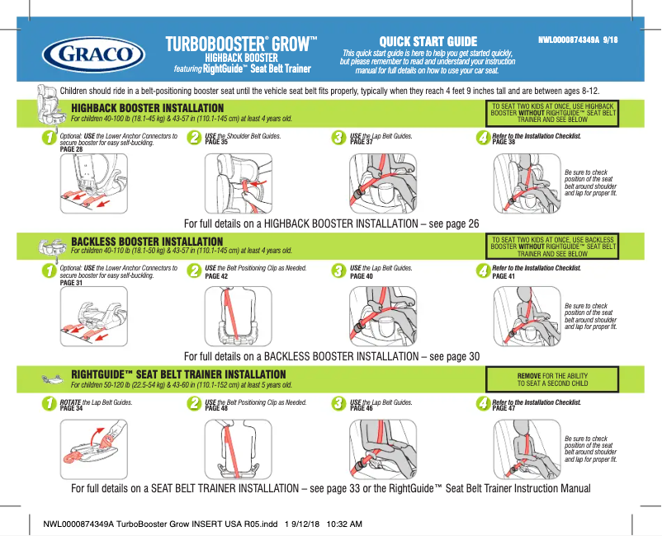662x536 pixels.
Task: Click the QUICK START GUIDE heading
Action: tap(428, 42)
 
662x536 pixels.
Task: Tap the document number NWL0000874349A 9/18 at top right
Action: tap(578, 40)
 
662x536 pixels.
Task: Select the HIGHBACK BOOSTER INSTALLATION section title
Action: tap(148, 108)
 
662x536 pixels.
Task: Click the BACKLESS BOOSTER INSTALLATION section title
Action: tap(148, 242)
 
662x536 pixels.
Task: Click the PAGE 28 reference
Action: tap(72, 149)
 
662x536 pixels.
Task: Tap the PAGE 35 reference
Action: tap(216, 143)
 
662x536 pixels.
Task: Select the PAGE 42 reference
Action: tap(216, 276)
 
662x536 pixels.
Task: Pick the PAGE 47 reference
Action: tap(504, 409)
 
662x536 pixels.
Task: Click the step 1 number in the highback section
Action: tap(51, 138)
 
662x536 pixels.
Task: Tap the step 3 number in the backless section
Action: tap(337, 271)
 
